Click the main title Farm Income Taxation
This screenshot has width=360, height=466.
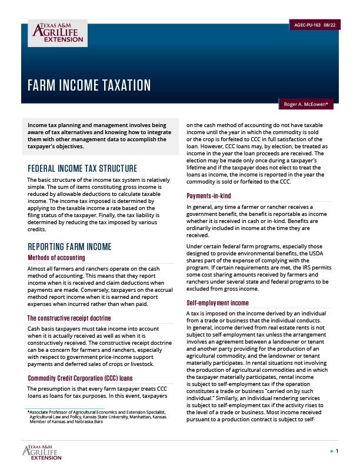click(89, 85)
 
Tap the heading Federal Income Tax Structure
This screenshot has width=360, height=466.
click(82, 168)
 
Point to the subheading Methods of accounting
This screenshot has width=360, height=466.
click(56, 258)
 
